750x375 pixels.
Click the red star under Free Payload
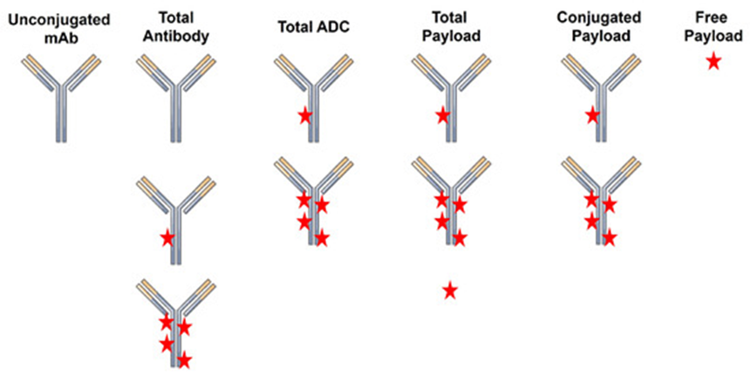[712, 61]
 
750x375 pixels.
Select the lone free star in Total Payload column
[450, 290]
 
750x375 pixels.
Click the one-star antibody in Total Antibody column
[176, 218]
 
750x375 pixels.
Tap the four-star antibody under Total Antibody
[176, 323]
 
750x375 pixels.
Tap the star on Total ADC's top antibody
[304, 115]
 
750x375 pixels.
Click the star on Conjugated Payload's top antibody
[592, 115]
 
